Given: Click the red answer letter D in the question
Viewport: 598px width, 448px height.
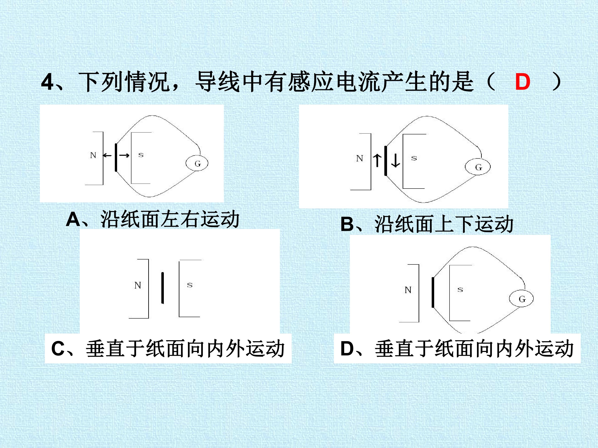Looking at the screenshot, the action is click(523, 82).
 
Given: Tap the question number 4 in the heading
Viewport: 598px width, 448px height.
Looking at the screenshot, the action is click(48, 82).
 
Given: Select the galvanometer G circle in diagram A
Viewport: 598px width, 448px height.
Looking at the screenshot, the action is click(197, 163).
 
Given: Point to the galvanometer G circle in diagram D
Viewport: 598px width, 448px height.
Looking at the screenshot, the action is click(521, 299).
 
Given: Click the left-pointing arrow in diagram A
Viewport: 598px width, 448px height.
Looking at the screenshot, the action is click(107, 155).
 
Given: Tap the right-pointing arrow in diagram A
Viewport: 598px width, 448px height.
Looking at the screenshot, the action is click(124, 155).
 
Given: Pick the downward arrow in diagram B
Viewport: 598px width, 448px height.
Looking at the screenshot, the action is click(396, 160).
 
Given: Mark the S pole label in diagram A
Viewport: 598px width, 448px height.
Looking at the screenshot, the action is click(141, 155).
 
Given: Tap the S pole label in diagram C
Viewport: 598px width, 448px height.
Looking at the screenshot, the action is click(190, 285).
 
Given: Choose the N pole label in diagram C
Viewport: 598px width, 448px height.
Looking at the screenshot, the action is click(138, 285).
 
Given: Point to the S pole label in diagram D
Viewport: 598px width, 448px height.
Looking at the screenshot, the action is click(460, 290).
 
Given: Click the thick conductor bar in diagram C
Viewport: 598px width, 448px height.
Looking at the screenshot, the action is click(162, 288).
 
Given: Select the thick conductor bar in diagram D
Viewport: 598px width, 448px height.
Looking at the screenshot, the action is click(433, 292).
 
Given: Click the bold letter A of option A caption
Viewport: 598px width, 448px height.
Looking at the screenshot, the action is click(73, 219).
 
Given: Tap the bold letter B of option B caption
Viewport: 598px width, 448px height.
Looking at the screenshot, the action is click(348, 224).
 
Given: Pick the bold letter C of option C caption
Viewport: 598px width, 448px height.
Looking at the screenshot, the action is click(58, 349).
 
